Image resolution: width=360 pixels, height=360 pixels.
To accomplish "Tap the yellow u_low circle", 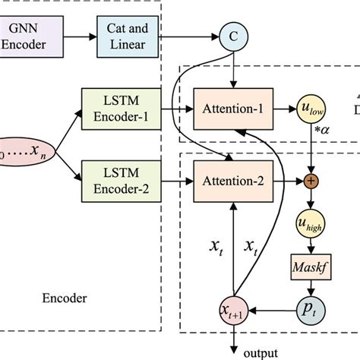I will click(x=311, y=109).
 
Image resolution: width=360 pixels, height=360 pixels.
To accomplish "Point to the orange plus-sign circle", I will click(x=311, y=182).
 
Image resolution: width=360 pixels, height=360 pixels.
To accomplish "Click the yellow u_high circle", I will click(x=311, y=225).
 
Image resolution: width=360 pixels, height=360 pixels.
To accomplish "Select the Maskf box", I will click(x=311, y=267).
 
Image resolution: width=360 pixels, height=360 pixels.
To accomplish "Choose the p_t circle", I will click(x=311, y=310).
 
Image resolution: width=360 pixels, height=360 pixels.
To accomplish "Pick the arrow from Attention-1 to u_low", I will click(x=281, y=109).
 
